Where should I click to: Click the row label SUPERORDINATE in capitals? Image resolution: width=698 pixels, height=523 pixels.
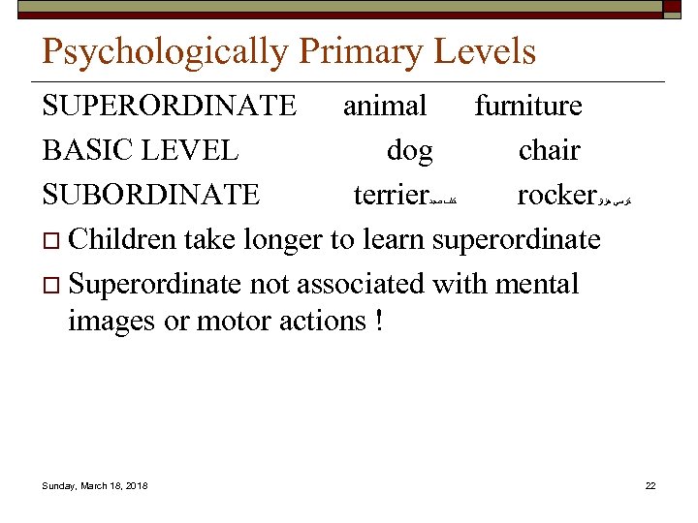170,106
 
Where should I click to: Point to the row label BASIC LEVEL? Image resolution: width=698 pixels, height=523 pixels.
141,150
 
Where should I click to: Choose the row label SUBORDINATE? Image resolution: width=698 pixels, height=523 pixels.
151,195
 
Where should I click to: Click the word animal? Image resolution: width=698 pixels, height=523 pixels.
385,106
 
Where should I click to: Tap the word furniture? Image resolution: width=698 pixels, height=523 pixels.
528,106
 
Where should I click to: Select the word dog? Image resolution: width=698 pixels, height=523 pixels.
410,151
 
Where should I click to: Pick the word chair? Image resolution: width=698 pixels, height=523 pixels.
550,150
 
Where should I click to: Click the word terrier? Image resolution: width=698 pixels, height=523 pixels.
392,195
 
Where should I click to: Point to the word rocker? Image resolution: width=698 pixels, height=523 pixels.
555,195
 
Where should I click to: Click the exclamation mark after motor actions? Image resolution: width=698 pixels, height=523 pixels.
375,321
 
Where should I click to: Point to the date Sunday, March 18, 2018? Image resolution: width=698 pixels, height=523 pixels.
95,485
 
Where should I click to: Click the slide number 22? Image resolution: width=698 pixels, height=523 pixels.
650,485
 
